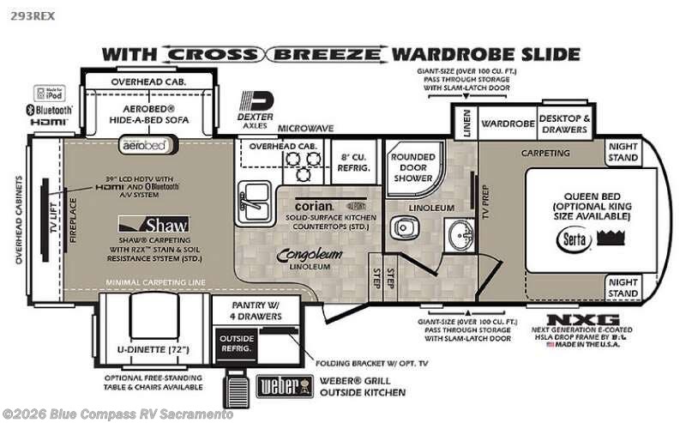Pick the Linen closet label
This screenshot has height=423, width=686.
pos(465,124)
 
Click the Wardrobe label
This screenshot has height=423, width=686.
pos(507,124)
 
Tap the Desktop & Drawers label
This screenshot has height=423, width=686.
pos(564,124)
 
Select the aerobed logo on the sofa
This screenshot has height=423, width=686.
pos(142,146)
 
